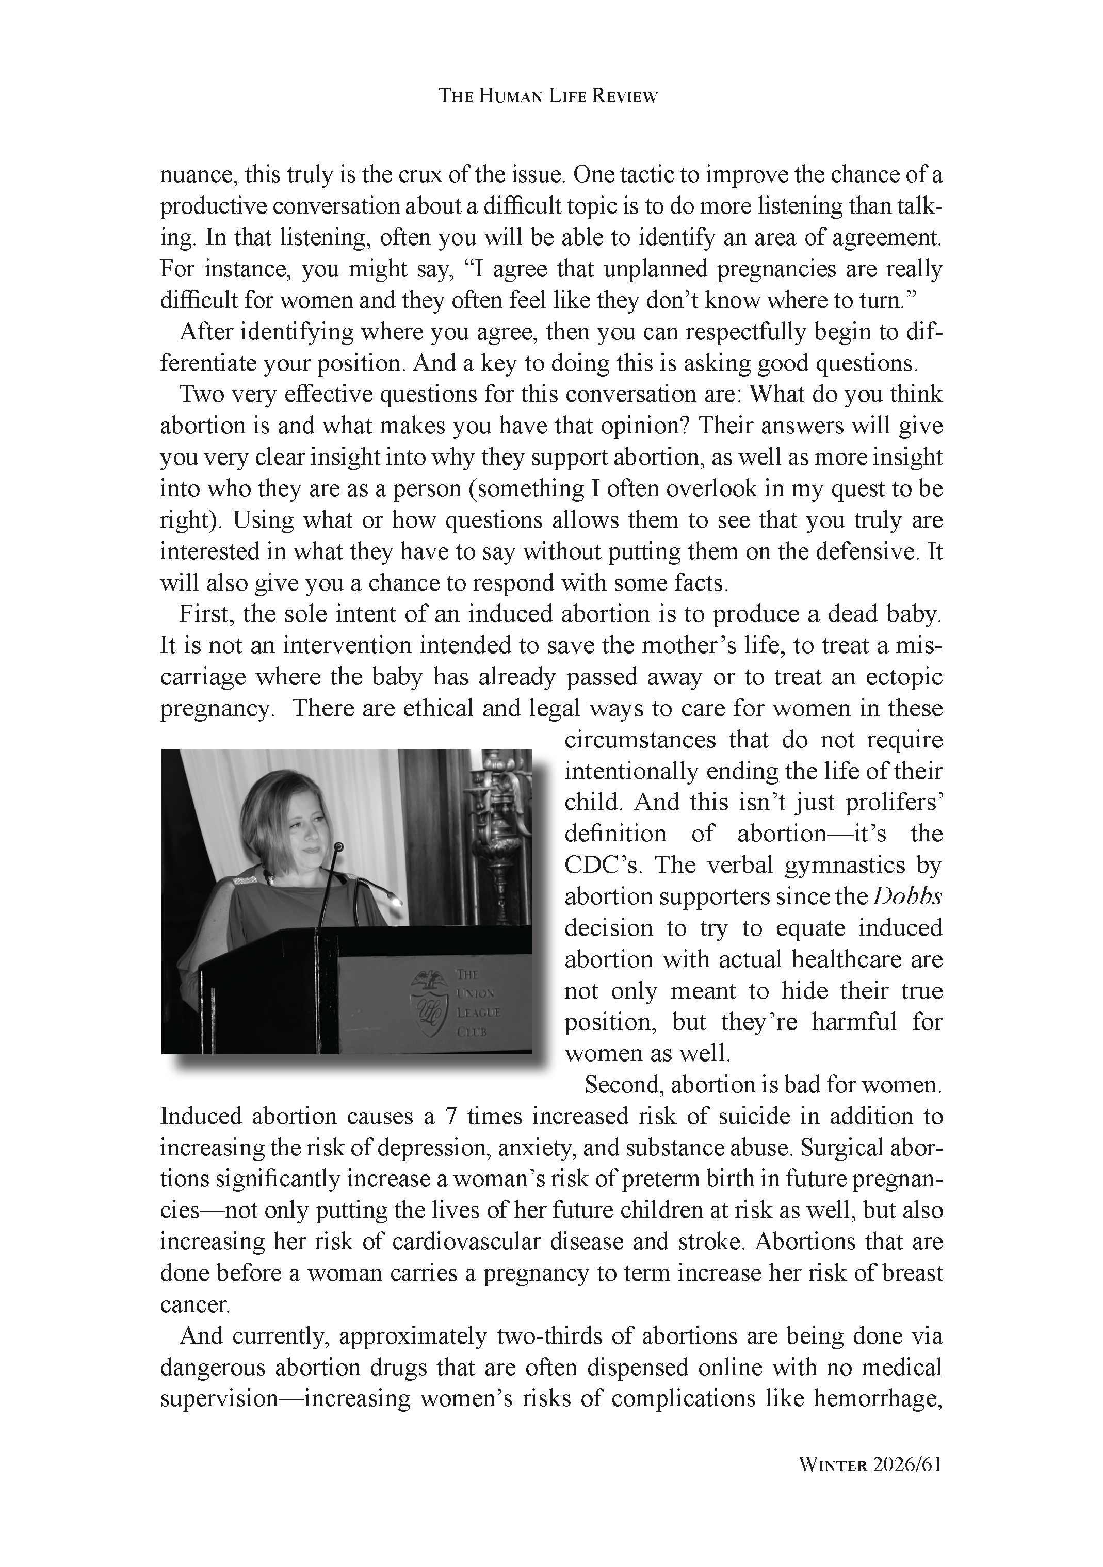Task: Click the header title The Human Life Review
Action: [547, 96]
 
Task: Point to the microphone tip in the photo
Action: [337, 847]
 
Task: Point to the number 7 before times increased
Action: [450, 1117]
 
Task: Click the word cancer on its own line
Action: [194, 1305]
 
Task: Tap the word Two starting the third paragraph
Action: [201, 395]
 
